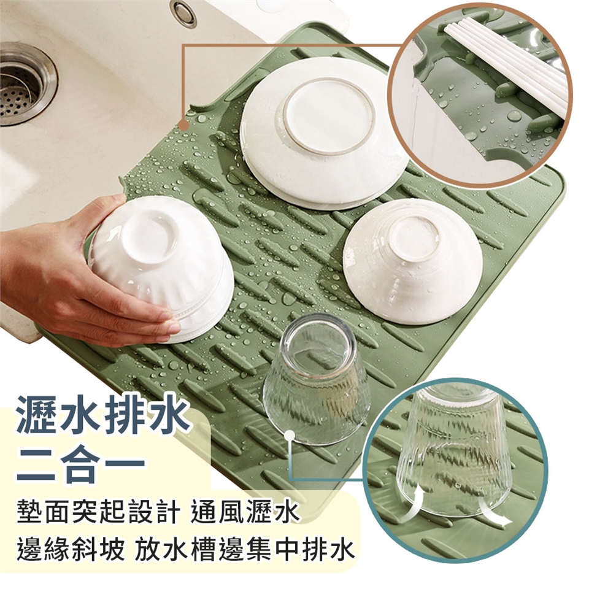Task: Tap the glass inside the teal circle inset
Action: pos(455,451)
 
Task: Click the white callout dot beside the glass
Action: pos(290,436)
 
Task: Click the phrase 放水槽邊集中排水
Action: pos(245,551)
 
